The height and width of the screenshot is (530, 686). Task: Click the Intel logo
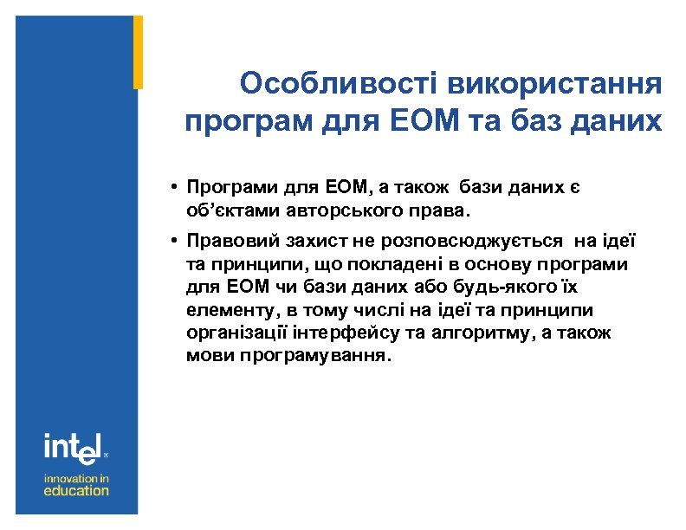74,448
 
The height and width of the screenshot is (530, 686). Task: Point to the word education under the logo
77,490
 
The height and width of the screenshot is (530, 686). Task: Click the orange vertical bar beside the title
138,52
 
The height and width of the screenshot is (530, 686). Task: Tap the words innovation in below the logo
77,476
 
